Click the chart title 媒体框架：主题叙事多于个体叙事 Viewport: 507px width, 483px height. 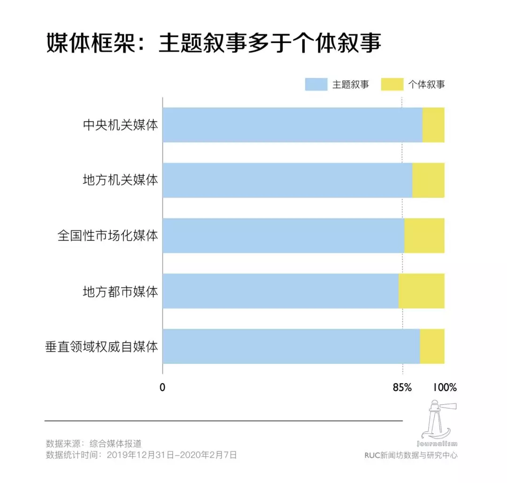[214, 44]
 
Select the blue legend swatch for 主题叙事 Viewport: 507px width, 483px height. [316, 84]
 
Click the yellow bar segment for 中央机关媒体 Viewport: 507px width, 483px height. [433, 125]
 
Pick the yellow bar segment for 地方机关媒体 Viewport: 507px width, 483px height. [428, 180]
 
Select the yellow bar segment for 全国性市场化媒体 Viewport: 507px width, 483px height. [424, 235]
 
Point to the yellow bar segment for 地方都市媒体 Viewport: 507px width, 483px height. [421, 291]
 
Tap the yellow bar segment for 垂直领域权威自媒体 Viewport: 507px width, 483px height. [432, 346]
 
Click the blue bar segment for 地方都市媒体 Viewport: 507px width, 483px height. [280, 291]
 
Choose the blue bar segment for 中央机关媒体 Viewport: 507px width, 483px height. [292, 125]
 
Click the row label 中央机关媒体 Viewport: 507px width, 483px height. [120, 125]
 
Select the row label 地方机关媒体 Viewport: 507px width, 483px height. [120, 180]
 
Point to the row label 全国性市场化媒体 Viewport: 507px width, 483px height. [108, 235]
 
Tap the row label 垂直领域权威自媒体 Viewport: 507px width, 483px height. [101, 347]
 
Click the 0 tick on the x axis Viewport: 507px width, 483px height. [162, 388]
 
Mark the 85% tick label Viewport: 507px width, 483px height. [402, 388]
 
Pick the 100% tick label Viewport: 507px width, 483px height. [444, 388]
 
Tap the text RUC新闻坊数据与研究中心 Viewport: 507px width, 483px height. [411, 455]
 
